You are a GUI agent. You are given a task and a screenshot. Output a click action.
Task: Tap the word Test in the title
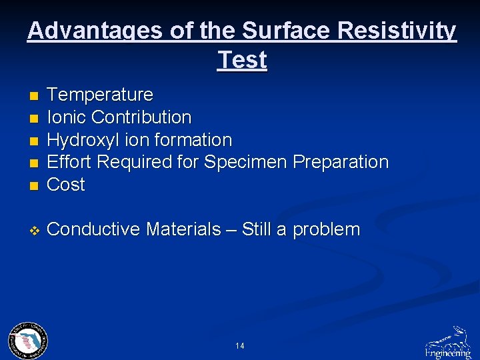tap(242, 60)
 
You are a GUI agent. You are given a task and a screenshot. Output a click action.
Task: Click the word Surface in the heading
tap(287, 31)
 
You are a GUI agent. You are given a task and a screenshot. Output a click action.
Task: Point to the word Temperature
tap(100, 95)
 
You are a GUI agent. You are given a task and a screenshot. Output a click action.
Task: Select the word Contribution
tap(141, 117)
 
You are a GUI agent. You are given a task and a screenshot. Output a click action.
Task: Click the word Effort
tap(69, 162)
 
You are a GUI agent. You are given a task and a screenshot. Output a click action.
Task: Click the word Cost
tap(66, 185)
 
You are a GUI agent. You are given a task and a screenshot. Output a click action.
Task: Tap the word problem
tap(327, 230)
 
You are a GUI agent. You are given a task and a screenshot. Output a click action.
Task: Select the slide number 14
tap(240, 346)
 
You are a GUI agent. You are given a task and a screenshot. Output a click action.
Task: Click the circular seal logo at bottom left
tap(27, 341)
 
